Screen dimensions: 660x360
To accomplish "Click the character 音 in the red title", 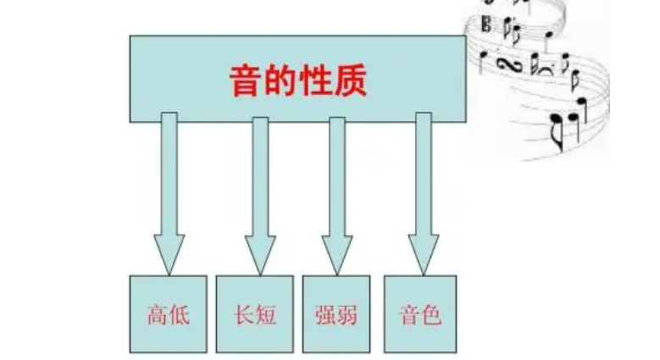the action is (x=246, y=81).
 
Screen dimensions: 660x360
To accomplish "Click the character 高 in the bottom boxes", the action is (x=157, y=316).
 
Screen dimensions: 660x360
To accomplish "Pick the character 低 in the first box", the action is (x=178, y=316).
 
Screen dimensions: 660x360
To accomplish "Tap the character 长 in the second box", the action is (x=243, y=316).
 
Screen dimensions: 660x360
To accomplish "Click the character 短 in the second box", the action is (x=264, y=316).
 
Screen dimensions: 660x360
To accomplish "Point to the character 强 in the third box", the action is (x=324, y=316).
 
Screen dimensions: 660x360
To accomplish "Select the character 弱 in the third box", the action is (x=346, y=316).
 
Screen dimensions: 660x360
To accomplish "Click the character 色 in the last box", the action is (x=431, y=316).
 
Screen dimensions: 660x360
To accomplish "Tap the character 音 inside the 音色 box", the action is (x=410, y=316).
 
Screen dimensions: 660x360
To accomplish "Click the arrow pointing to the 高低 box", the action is (x=169, y=195).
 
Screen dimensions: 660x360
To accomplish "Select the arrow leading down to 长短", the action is (x=260, y=195).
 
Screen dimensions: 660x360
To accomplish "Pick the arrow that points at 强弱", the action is (x=337, y=195).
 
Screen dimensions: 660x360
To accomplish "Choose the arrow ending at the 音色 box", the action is (x=424, y=195).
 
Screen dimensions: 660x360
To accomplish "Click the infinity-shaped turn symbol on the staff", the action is (x=507, y=64).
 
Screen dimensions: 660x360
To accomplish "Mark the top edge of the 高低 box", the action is (x=168, y=276).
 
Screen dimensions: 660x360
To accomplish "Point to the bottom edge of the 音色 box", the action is (x=420, y=352).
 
